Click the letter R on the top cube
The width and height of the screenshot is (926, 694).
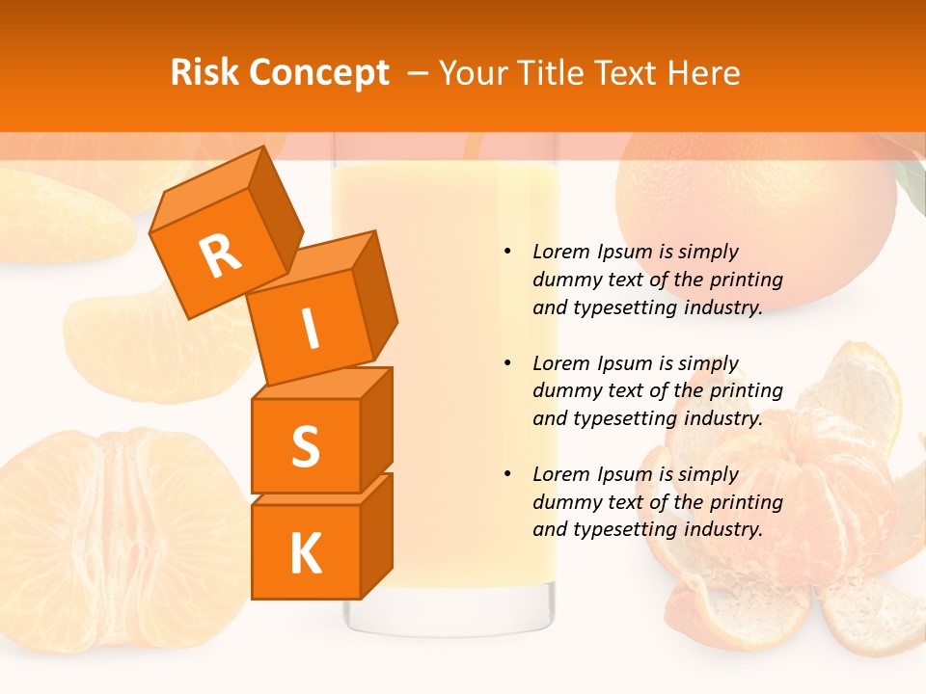pyautogui.click(x=220, y=256)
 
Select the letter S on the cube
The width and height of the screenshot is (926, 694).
pyautogui.click(x=305, y=445)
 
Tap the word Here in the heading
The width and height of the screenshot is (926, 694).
pyautogui.click(x=706, y=73)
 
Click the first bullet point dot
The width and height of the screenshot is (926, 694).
pyautogui.click(x=507, y=253)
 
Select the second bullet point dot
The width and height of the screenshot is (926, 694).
pyautogui.click(x=507, y=363)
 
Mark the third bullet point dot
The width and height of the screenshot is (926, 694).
pyautogui.click(x=507, y=474)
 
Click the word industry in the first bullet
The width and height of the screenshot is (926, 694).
pyautogui.click(x=723, y=307)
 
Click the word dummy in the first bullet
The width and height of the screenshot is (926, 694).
pyautogui.click(x=565, y=280)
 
